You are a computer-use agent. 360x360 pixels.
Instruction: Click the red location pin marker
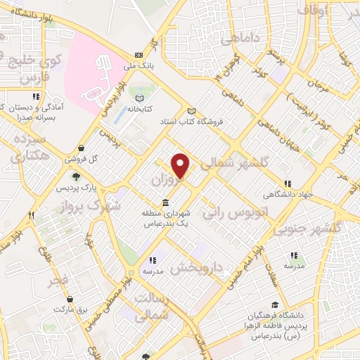point(182,166)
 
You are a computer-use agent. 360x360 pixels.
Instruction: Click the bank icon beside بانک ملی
point(139,54)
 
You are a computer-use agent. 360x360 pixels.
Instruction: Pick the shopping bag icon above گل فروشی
point(84,148)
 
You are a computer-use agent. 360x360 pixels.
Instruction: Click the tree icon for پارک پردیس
point(75,178)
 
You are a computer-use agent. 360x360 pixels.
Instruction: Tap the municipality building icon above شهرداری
point(165,202)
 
